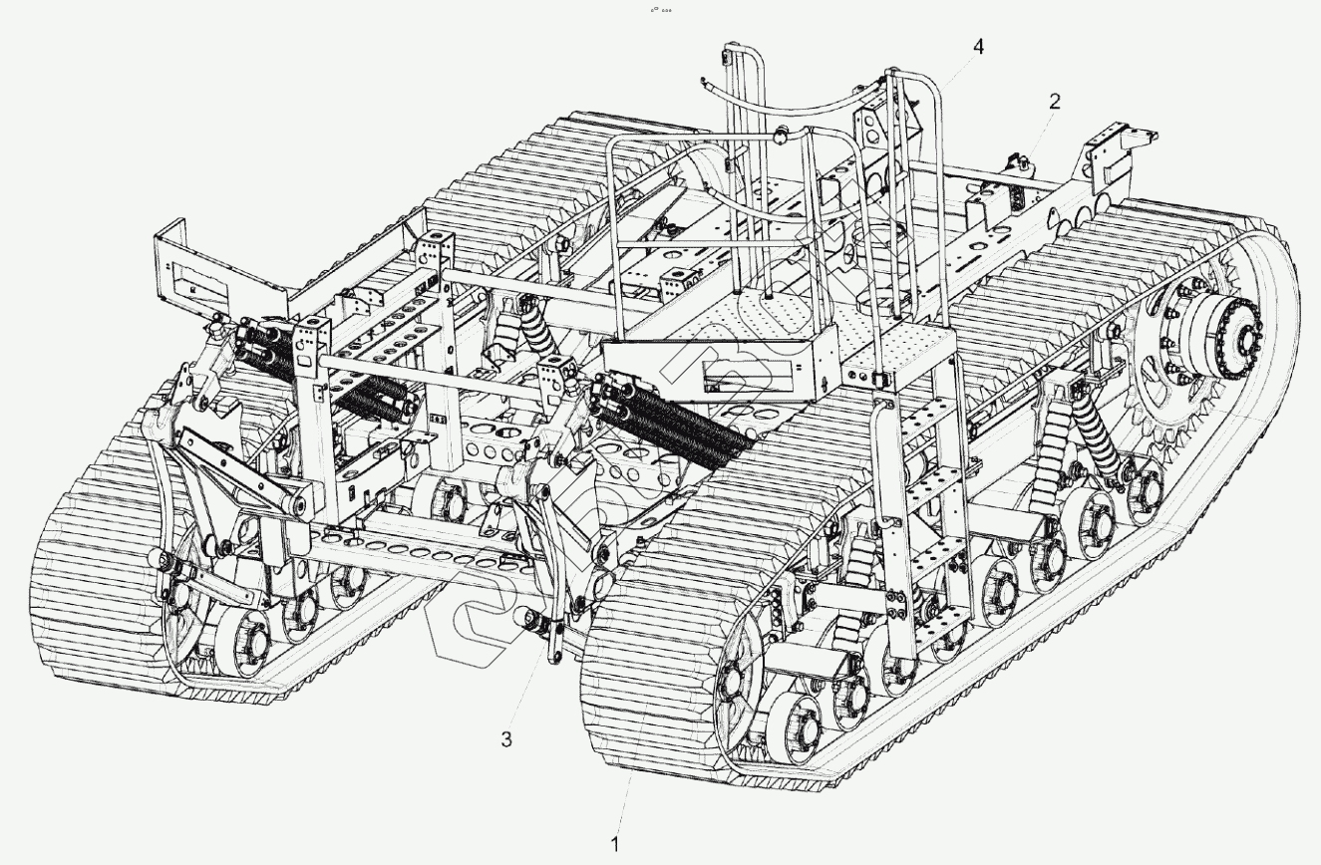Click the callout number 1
pyautogui.click(x=615, y=843)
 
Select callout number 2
pyautogui.click(x=1055, y=101)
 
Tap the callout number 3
pyautogui.click(x=506, y=738)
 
